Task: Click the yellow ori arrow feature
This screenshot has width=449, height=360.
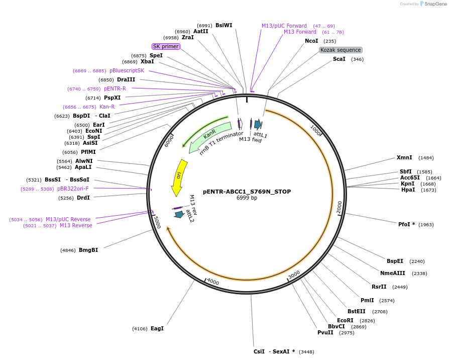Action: pos(178,176)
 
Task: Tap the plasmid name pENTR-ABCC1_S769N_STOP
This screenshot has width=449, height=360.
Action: pos(247,192)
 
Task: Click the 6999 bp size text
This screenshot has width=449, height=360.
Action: pos(247,198)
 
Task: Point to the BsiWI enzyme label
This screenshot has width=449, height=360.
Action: pos(223,25)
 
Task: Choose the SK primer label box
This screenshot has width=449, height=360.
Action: pos(166,46)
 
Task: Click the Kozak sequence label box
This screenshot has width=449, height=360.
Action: pos(341,50)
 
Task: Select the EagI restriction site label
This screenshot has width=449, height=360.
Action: pos(157,328)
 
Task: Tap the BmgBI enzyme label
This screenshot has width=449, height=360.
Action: pos(88,250)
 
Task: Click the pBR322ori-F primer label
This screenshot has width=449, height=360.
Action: pos(73,189)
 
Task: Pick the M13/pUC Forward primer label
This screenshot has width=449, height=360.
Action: pos(284,26)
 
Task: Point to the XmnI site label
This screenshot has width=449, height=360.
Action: pos(404,157)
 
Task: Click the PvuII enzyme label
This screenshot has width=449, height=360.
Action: pos(325,332)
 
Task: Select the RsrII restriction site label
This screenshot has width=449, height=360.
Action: pos(379,287)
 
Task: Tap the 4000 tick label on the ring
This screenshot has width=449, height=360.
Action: pos(213,282)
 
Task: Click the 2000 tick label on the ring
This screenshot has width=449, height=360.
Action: pos(340,207)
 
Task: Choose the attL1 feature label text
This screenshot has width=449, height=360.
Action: pos(260,135)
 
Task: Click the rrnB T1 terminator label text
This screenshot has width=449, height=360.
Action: pos(221,143)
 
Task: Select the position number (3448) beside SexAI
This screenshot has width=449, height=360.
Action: pos(306,352)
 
